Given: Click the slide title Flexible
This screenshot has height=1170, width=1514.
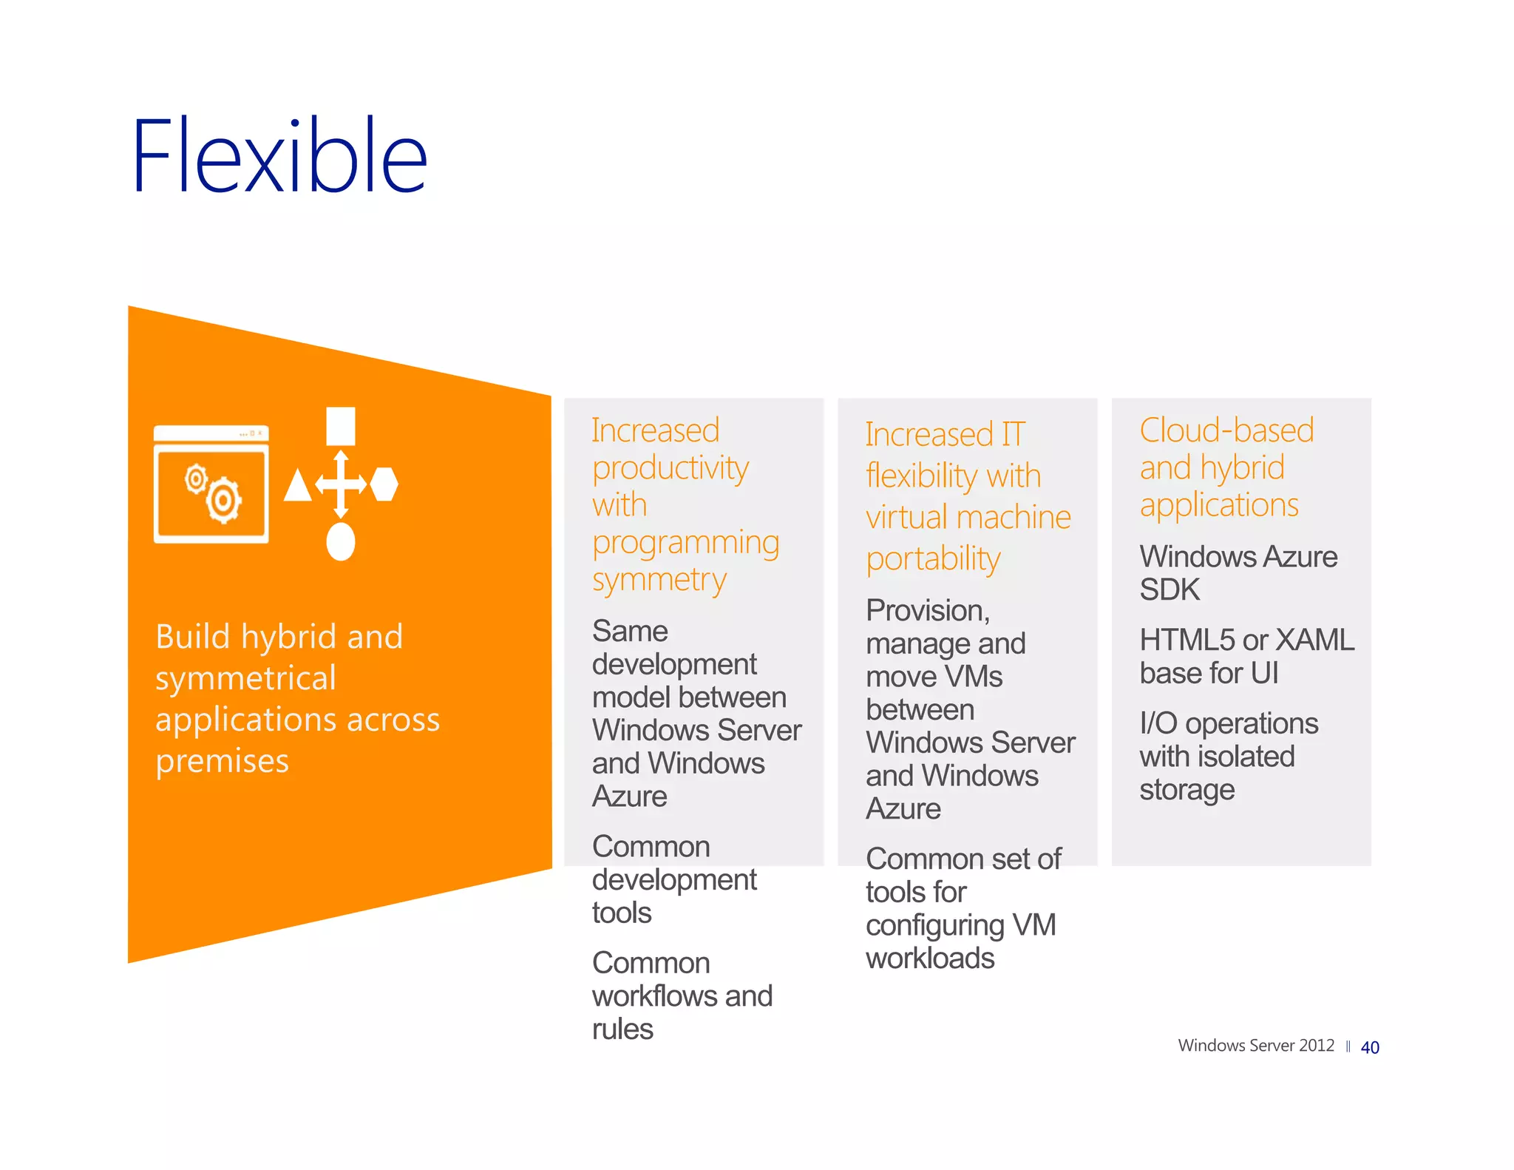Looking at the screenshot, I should point(279,157).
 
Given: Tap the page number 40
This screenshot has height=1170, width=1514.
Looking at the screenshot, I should point(1369,1047).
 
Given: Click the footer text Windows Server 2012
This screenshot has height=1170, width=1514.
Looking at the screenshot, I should point(1255,1045).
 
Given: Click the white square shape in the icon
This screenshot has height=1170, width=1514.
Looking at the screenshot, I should point(341,427).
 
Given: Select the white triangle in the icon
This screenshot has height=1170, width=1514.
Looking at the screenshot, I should point(298,486).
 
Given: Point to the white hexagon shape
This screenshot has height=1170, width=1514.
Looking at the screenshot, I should point(384,484).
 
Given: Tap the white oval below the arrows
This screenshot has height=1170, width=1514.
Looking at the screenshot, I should point(341,542).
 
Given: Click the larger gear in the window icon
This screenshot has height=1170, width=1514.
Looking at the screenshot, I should point(224,501).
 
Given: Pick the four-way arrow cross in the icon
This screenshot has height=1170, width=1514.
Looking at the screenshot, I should point(341,484).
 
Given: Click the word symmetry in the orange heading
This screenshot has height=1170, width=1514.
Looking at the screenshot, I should point(659,580).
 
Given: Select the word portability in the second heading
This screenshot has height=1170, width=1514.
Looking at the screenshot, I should point(933,559).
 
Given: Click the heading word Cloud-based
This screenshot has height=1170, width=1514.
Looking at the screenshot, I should point(1226,430).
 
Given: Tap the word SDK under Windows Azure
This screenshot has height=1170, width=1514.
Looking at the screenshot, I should point(1170,589).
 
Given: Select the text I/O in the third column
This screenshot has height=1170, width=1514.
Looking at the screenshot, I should point(1158,723).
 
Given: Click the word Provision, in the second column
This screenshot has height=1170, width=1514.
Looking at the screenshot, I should point(928,611).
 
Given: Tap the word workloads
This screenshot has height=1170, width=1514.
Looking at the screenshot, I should point(930,958).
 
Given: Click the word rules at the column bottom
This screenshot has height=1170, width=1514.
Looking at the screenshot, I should point(622,1029).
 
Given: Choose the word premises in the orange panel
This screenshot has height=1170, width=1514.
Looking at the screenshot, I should point(222,761).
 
